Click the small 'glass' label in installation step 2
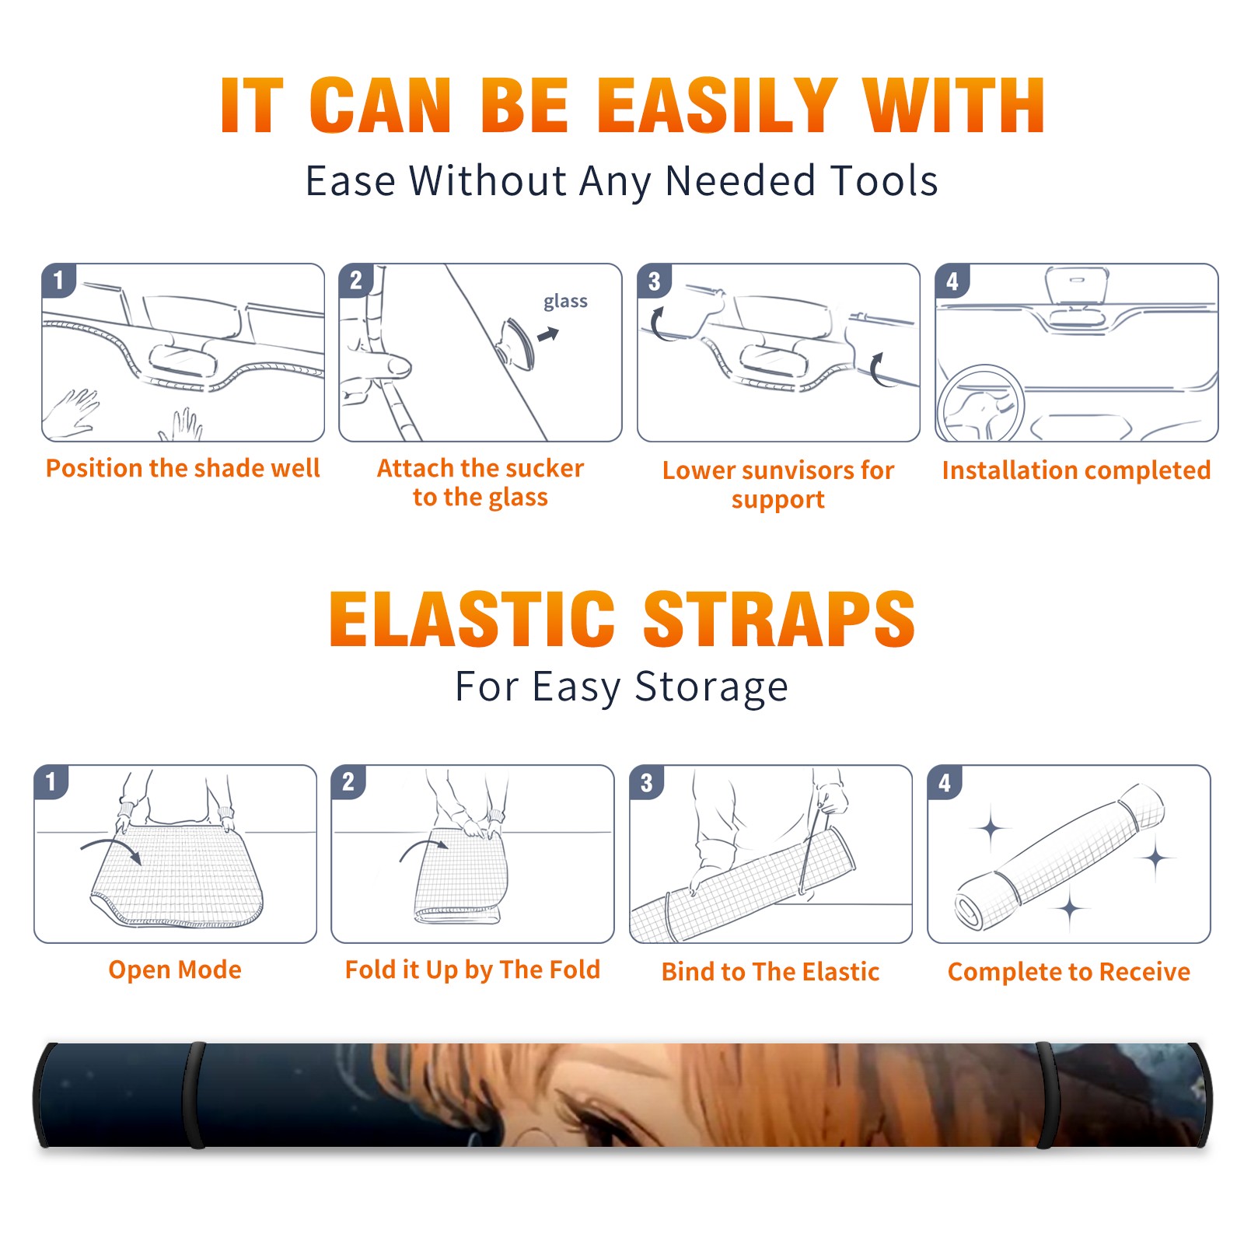[565, 302]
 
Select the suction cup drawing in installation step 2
[516, 343]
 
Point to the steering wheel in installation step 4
[980, 403]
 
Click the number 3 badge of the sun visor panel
[654, 281]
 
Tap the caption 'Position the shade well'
[183, 468]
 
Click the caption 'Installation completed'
[1076, 470]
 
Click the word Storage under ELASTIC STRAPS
[711, 687]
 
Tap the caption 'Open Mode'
[175, 970]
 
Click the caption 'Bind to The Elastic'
[771, 972]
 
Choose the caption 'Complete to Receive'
[1069, 972]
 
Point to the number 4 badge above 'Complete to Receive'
[945, 782]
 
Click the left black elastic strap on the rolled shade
[195, 1095]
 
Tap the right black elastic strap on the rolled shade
[1046, 1095]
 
